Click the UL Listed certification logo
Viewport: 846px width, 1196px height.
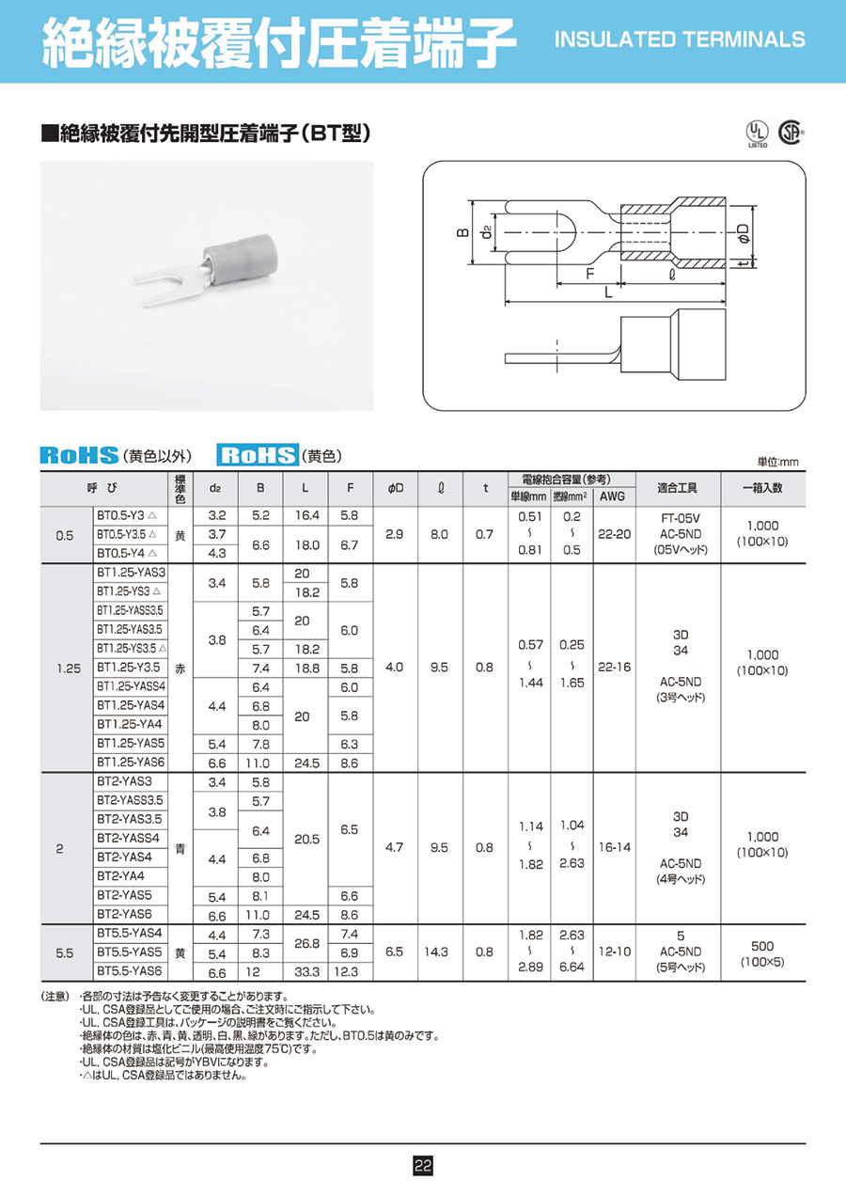click(758, 133)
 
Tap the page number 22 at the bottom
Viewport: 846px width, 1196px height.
click(423, 1166)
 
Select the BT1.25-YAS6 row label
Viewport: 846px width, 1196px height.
click(131, 763)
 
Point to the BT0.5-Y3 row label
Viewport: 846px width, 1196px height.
click(126, 515)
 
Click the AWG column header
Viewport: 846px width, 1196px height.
click(611, 496)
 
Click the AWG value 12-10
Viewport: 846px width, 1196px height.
click(612, 952)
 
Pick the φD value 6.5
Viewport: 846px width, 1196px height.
click(395, 952)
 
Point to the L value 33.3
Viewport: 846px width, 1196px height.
click(305, 970)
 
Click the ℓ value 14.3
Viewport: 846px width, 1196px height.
click(440, 952)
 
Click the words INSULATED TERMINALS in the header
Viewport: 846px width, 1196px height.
click(681, 39)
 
